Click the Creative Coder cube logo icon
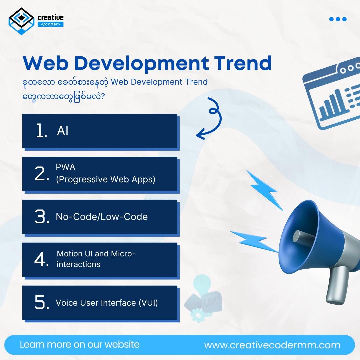click(21, 21)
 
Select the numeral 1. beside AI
click(42, 131)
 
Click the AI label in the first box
click(63, 131)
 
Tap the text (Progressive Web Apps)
click(105, 179)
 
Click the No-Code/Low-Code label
click(102, 217)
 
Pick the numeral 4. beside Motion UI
click(42, 260)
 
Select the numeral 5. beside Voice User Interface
click(42, 303)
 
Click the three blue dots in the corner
click(338, 19)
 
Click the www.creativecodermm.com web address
click(272, 345)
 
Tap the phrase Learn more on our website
click(80, 344)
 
